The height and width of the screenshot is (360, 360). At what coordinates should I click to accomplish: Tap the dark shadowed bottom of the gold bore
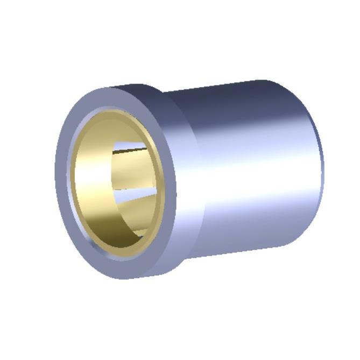coord(116,237)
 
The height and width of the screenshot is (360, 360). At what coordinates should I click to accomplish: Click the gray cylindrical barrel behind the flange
coord(242,178)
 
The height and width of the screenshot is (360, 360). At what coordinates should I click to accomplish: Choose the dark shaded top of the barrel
coord(231,97)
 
